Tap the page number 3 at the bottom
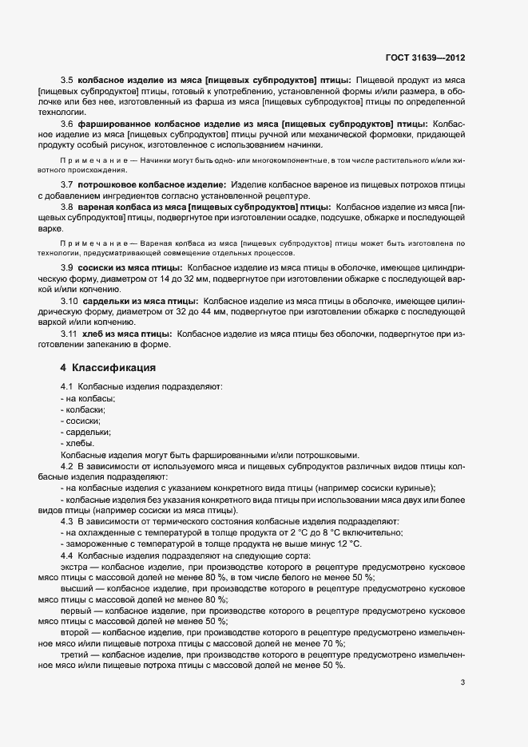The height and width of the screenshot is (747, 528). tap(462, 682)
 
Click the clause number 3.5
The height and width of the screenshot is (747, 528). tap(67, 81)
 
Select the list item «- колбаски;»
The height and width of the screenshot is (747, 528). tap(82, 409)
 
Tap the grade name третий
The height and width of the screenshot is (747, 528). tap(74, 654)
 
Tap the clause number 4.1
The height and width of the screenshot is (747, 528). tap(67, 387)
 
